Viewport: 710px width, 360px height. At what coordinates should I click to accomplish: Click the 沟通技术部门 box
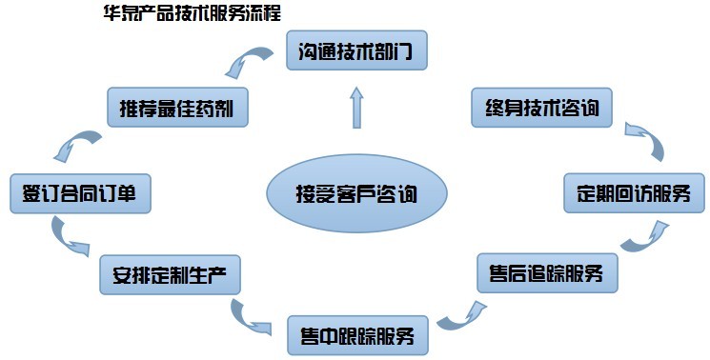(357, 50)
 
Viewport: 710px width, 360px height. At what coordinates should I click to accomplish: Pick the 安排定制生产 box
(170, 276)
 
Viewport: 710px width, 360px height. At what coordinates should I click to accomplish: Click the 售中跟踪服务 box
(357, 335)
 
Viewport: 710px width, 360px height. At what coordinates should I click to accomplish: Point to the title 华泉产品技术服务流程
(192, 15)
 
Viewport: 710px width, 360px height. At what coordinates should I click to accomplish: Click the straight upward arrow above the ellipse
(357, 107)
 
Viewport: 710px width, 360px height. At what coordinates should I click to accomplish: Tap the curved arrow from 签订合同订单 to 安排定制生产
(70, 237)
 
